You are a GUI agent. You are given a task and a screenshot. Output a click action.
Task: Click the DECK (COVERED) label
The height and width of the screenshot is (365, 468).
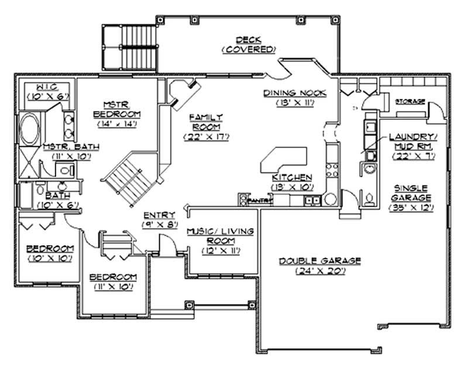click(248, 44)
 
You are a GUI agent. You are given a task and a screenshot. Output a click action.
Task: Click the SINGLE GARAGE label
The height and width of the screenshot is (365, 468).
click(413, 192)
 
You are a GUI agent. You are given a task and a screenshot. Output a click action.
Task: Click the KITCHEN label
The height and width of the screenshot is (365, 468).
click(291, 177)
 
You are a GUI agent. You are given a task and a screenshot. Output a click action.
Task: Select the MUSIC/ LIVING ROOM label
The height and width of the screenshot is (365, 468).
click(219, 236)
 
